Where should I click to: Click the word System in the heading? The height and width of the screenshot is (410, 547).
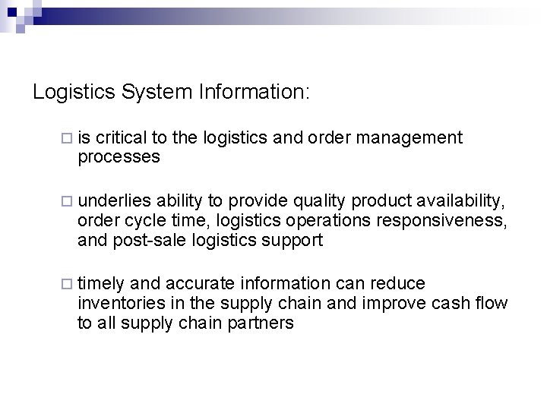click(x=164, y=93)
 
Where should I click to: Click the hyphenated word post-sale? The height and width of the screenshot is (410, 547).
click(x=143, y=241)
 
